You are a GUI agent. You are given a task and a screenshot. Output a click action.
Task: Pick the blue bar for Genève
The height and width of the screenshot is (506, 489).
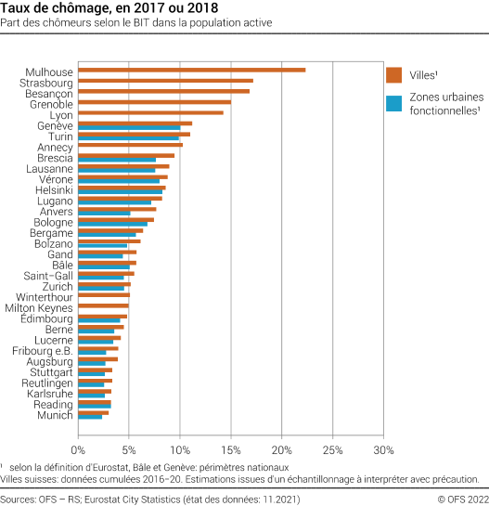pyautogui.click(x=129, y=127)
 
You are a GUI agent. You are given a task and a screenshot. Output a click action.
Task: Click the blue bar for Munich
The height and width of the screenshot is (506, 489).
pyautogui.click(x=90, y=417)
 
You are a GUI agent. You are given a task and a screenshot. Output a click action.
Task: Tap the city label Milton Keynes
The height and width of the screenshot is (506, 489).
pyautogui.click(x=39, y=307)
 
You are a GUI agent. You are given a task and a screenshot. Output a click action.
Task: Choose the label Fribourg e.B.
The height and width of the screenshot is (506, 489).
pyautogui.click(x=43, y=350)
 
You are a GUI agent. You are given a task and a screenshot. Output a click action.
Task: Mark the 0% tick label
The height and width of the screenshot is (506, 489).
pyautogui.click(x=78, y=449)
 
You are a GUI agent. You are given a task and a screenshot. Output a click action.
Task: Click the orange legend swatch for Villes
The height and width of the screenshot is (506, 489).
pyautogui.click(x=392, y=75)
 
